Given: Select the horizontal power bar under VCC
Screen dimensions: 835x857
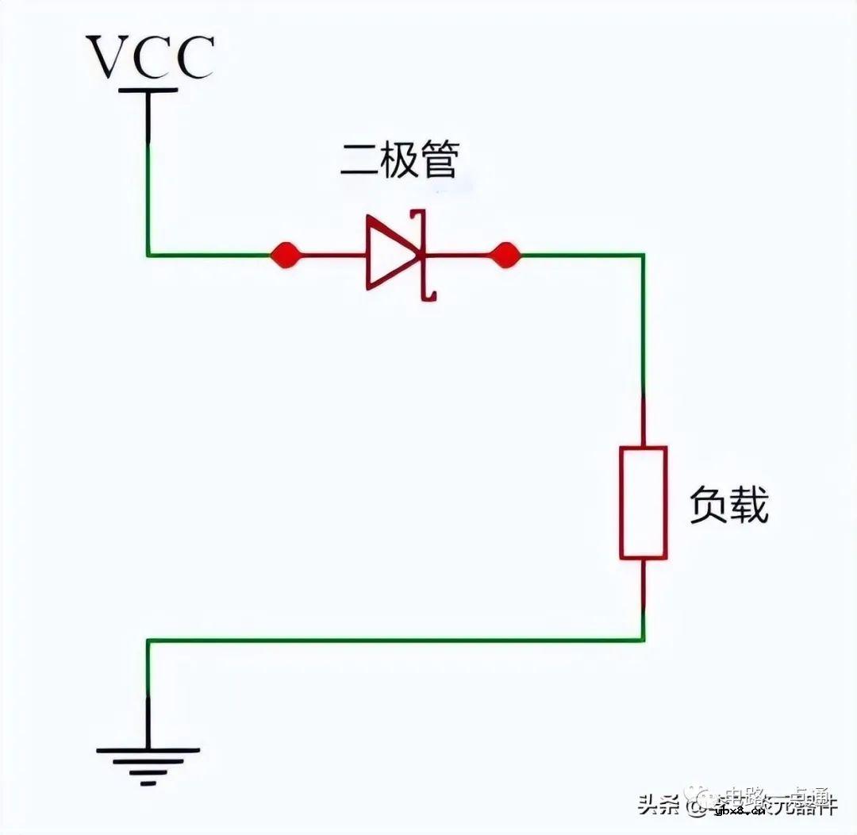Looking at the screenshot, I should click(x=148, y=90).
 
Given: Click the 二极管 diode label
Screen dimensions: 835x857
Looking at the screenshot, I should click(x=399, y=161).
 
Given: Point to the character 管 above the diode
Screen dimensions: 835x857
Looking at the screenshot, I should click(x=439, y=161).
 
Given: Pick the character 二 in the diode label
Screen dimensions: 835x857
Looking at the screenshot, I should click(x=359, y=161).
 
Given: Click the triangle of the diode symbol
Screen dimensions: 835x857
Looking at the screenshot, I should click(x=388, y=255).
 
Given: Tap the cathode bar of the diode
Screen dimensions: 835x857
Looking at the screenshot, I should click(x=422, y=255).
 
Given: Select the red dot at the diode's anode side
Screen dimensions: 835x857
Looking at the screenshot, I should click(x=285, y=255).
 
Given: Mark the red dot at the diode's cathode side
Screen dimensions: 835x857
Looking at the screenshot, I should click(x=505, y=255).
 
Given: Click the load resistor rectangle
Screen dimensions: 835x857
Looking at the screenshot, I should click(x=643, y=502).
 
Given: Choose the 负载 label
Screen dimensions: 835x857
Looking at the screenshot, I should click(x=728, y=505).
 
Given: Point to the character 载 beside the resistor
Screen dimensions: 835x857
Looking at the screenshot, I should click(x=749, y=505).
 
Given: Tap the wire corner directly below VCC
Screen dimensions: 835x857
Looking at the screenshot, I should click(x=148, y=255).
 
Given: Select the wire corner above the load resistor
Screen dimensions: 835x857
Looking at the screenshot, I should click(x=643, y=255).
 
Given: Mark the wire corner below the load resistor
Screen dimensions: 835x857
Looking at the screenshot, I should click(x=643, y=640).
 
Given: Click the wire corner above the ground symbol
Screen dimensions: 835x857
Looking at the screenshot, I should click(x=148, y=640).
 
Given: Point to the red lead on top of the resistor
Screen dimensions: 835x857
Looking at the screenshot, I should click(x=643, y=421).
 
